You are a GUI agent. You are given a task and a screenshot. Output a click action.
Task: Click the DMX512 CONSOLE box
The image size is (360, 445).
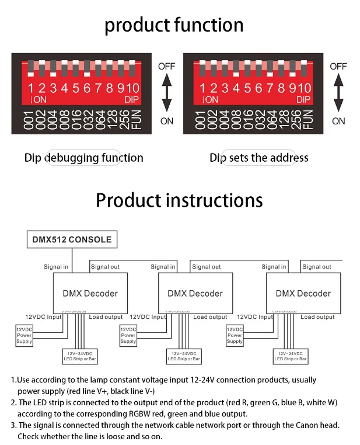click(x=72, y=239)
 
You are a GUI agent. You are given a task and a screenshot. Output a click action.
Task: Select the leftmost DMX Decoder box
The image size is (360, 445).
click(x=90, y=293)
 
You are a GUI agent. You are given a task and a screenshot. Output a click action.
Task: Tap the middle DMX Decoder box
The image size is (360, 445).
click(x=195, y=293)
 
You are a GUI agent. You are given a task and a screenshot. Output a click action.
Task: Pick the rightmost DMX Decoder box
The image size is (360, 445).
click(x=303, y=293)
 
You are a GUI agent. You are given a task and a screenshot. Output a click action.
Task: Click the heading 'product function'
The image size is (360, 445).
click(x=174, y=25)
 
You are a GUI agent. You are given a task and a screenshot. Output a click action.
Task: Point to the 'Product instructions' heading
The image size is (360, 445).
click(x=179, y=200)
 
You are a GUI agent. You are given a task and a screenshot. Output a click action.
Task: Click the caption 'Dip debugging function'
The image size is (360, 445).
click(x=83, y=158)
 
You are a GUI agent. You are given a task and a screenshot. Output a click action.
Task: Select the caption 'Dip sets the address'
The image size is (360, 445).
click(x=258, y=158)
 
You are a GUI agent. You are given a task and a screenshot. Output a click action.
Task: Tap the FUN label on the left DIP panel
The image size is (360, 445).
click(x=136, y=119)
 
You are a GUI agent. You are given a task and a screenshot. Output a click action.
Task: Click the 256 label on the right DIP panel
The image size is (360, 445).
click(x=296, y=119)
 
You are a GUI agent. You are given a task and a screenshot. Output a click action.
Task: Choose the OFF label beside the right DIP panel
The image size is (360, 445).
click(x=338, y=67)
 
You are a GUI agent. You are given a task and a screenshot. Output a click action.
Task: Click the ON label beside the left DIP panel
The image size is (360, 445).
click(x=166, y=121)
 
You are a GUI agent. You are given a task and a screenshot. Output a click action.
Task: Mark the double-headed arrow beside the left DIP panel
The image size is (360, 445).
click(x=167, y=93)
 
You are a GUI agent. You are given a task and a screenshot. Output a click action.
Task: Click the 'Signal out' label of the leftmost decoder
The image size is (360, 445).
click(x=105, y=267)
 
